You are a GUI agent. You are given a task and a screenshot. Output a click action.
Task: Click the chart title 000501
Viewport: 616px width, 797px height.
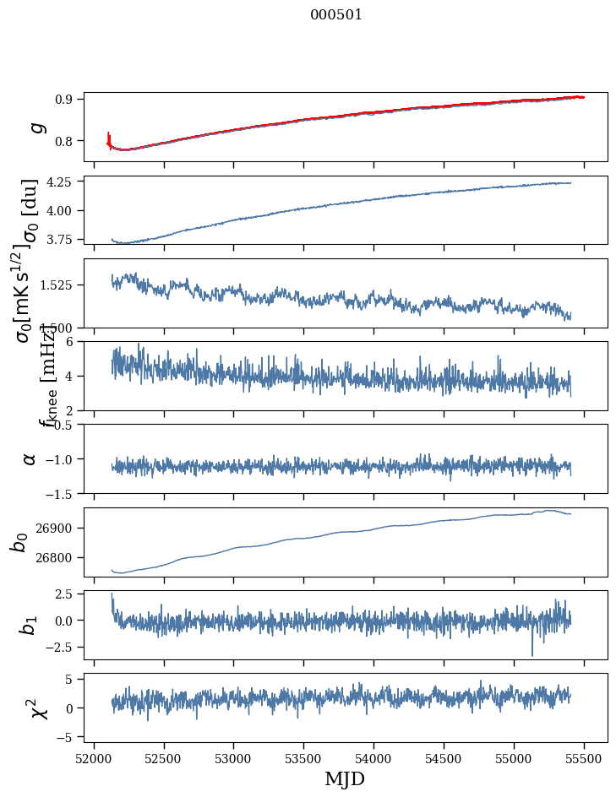(336, 15)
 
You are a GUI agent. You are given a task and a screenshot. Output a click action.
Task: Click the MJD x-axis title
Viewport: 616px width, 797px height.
(345, 778)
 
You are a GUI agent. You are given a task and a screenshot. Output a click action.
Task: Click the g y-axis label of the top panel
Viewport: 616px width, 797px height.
(35, 127)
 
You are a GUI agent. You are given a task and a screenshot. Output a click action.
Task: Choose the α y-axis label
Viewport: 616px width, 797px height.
(30, 458)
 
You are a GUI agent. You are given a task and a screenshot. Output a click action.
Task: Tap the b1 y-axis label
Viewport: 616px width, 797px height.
(29, 625)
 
